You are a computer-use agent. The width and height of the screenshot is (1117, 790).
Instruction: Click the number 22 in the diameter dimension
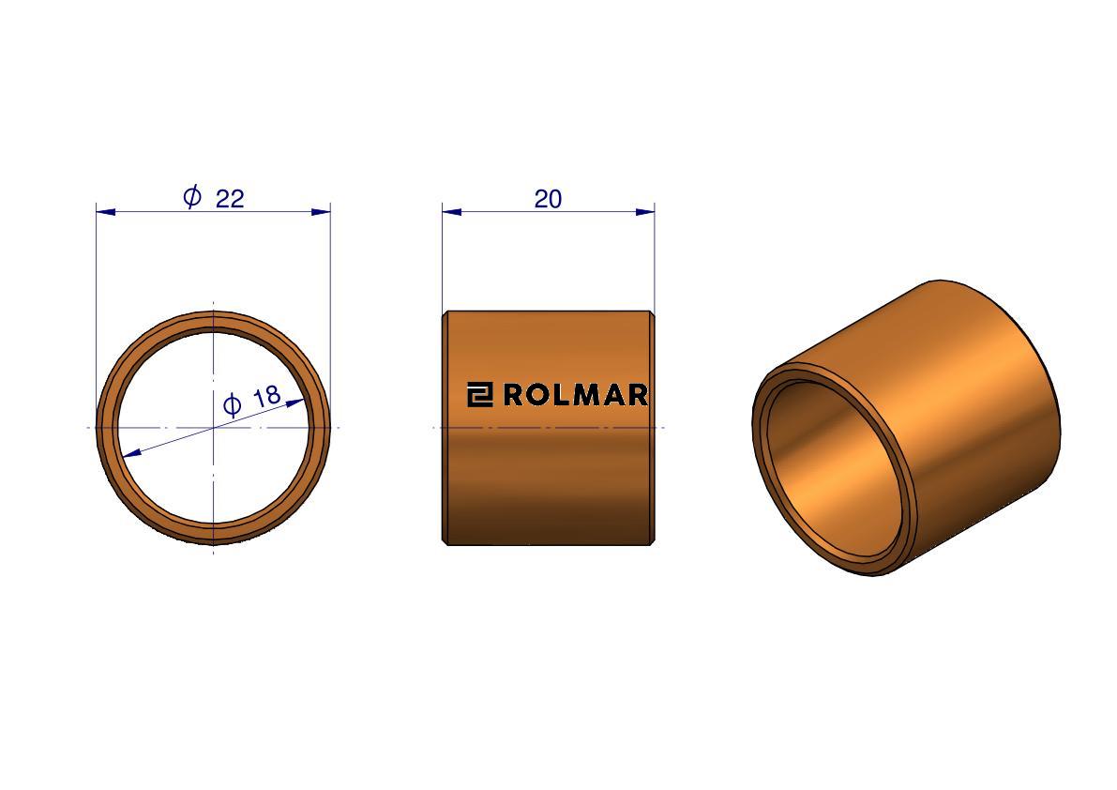[230, 198]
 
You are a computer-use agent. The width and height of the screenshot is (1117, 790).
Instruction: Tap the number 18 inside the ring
[267, 396]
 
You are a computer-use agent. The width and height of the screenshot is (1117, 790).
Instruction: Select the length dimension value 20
[548, 199]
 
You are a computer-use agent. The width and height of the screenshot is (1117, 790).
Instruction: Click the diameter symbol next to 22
[192, 196]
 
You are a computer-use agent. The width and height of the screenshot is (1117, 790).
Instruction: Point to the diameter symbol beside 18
[233, 405]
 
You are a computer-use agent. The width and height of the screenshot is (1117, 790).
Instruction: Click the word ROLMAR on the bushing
[576, 395]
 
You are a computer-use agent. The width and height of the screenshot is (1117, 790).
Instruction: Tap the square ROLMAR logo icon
[479, 395]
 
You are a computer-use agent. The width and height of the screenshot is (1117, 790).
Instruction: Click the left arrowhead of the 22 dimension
[105, 211]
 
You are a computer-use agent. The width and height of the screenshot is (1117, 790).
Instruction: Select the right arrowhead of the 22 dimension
[322, 211]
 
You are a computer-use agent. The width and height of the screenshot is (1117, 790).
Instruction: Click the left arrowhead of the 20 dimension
[452, 211]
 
